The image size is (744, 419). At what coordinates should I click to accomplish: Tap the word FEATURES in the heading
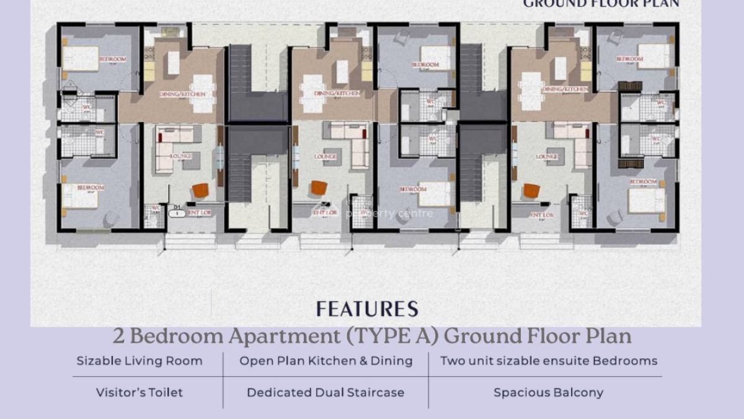pos(367,309)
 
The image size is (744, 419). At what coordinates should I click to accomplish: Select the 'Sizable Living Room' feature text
pos(139,361)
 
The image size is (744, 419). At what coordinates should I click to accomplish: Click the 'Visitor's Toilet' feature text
pos(139,392)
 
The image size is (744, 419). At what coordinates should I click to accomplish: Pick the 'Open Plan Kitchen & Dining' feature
pos(326,361)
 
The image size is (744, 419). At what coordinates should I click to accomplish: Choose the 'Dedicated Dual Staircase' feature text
pos(325,392)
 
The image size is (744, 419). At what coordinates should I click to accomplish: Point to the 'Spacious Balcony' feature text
pos(548,392)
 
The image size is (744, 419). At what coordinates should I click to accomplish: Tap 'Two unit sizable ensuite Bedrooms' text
pos(549,361)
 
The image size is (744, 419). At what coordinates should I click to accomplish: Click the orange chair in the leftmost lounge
pos(200,190)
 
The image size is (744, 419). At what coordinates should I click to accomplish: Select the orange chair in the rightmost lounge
pos(531,190)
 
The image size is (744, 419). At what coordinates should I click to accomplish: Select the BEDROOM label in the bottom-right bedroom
pos(643,182)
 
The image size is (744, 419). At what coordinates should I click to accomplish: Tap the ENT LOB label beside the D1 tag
pos(199,213)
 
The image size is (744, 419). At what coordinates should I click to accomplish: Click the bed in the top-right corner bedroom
pos(653,56)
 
